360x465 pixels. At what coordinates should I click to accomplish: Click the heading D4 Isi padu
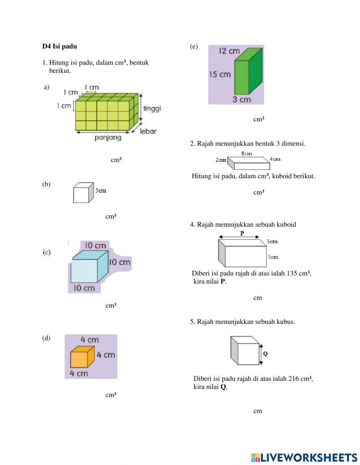(x=59, y=46)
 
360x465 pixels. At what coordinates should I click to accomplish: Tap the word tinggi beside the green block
(x=152, y=108)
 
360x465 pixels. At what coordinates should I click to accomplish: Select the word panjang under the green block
(x=108, y=138)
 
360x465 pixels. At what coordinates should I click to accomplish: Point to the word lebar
(x=148, y=131)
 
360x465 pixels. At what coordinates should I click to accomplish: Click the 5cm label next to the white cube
(x=101, y=191)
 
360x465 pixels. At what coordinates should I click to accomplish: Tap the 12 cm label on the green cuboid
(x=229, y=51)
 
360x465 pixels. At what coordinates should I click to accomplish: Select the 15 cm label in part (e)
(x=220, y=75)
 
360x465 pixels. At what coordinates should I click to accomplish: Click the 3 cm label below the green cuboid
(x=241, y=99)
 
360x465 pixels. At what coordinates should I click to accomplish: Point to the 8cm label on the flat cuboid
(x=247, y=154)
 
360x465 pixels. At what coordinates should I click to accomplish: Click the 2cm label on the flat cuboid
(x=221, y=160)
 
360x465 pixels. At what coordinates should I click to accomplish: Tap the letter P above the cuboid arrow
(x=242, y=233)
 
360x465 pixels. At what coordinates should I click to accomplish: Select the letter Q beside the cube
(x=265, y=354)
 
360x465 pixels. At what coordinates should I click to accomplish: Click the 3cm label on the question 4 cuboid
(x=272, y=241)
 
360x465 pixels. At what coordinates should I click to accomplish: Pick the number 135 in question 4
(x=292, y=273)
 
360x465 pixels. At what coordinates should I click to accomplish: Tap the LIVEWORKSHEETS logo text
(x=309, y=457)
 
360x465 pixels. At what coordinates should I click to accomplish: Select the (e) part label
(x=194, y=46)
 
